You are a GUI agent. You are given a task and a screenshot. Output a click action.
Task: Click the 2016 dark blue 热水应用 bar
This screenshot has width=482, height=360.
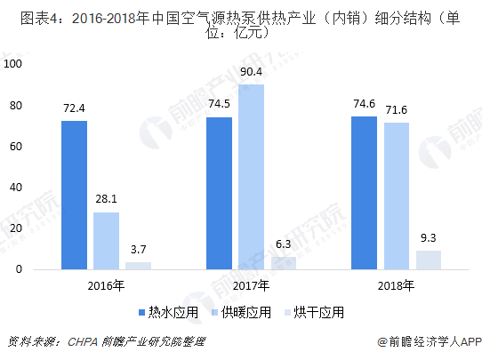[x=74, y=195]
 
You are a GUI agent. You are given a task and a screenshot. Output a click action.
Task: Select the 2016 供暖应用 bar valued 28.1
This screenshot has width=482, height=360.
[x=106, y=240]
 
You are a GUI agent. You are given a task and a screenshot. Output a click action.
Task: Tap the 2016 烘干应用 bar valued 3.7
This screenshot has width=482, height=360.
[x=138, y=265]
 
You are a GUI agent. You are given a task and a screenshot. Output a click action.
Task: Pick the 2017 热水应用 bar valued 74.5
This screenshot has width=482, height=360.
[x=219, y=193]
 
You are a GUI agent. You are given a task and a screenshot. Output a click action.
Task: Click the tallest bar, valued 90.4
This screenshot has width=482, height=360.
[x=251, y=176]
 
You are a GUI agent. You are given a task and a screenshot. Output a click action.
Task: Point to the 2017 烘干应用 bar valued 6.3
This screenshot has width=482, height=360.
[x=283, y=263]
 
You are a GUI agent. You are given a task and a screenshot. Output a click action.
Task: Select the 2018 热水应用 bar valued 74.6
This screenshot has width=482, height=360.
[x=364, y=193]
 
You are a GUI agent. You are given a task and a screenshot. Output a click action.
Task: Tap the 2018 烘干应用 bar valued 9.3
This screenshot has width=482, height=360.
[x=428, y=260]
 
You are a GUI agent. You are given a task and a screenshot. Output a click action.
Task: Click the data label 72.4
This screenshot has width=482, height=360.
[x=74, y=108]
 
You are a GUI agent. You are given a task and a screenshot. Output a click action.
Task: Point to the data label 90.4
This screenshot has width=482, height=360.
[x=251, y=71]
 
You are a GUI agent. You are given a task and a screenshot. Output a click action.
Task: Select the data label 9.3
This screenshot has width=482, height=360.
[x=428, y=237]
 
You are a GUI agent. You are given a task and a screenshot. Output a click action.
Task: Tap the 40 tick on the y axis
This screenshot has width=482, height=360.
[x=15, y=188]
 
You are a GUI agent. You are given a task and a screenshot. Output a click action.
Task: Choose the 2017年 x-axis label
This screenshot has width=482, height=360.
[x=251, y=286]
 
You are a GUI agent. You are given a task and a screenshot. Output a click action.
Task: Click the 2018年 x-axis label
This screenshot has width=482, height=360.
[x=396, y=286]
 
